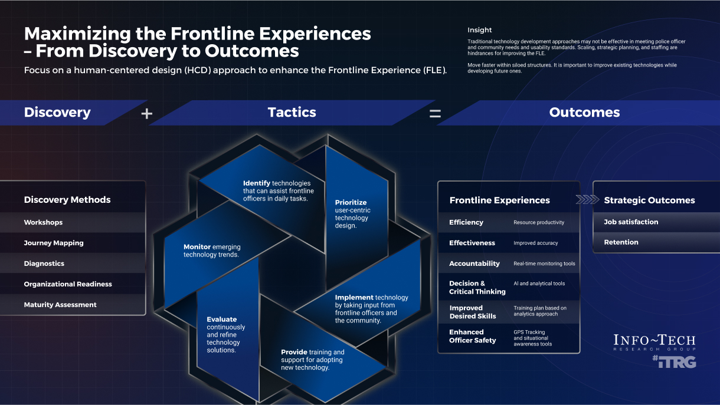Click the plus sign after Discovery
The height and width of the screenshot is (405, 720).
coord(147,113)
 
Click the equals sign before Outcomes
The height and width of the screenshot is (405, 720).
coord(435,113)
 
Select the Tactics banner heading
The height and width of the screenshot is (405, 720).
coord(292,113)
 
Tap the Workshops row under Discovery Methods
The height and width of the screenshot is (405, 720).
coord(43,222)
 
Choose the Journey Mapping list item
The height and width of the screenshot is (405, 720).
coord(54,243)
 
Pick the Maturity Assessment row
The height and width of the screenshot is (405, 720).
coord(60,305)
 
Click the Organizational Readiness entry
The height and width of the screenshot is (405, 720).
coord(68,284)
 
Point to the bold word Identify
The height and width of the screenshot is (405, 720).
coord(257,183)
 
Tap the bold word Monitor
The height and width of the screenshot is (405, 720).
coord(197,247)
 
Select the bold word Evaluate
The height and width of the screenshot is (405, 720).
coord(222,320)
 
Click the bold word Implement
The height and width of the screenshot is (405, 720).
coord(354,298)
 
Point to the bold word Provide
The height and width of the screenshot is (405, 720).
coord(294,352)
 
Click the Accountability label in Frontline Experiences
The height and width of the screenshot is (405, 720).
coord(474,264)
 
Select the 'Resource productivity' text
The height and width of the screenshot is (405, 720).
coord(539,222)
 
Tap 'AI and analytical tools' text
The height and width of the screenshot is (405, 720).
coord(539,284)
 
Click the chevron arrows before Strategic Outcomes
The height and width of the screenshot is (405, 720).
coord(587,200)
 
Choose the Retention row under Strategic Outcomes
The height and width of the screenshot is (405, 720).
coord(621,242)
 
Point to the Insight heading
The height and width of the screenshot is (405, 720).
coord(479,30)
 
